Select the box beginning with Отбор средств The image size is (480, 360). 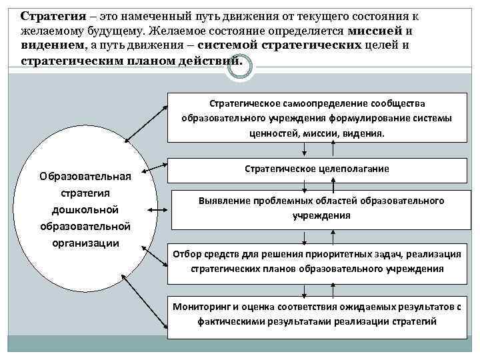[317, 261]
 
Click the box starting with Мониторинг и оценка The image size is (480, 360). [317, 314]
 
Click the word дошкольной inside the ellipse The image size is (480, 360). [85, 209]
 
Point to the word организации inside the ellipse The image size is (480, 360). [85, 242]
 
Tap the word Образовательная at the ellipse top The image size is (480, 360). [85, 177]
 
